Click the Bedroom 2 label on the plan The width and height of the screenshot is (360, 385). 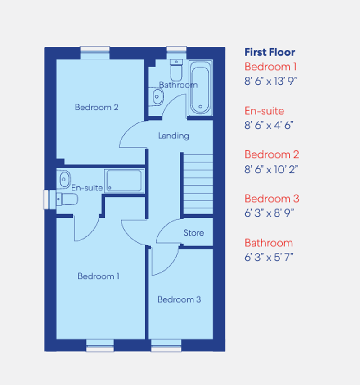[x=96, y=107]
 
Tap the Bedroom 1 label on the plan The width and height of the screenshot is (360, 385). [x=99, y=276]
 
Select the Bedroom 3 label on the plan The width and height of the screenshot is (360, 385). [x=179, y=299]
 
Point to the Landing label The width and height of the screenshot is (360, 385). [x=173, y=136]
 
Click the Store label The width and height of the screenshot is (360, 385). [x=193, y=233]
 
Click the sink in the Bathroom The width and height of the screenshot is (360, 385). [x=157, y=96]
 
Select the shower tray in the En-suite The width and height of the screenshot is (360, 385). [x=124, y=181]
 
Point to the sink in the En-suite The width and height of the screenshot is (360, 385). [x=63, y=179]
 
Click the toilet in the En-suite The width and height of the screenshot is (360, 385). [x=67, y=199]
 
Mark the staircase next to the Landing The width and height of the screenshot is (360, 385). [x=197, y=184]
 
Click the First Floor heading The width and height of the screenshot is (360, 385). [x=270, y=52]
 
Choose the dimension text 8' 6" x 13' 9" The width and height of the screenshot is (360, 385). [x=271, y=81]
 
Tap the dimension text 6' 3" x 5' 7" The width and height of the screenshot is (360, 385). [x=269, y=258]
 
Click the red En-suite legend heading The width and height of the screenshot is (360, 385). [x=264, y=111]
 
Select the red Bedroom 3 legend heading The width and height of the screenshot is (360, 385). [x=271, y=199]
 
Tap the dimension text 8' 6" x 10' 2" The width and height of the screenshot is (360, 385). [x=271, y=169]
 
